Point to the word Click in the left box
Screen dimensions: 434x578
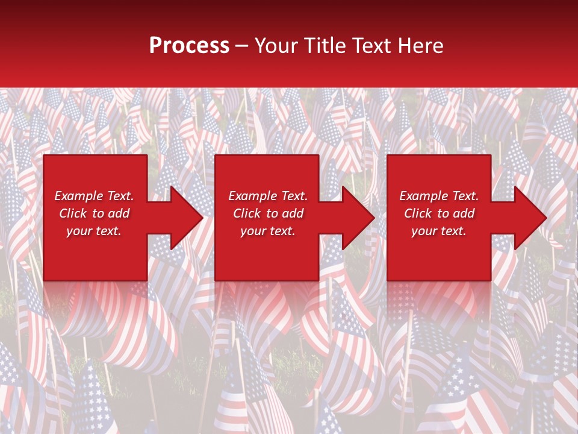pos(73,213)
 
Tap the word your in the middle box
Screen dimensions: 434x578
pos(253,231)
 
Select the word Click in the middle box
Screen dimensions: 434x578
pos(247,213)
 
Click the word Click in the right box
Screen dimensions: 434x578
pos(418,213)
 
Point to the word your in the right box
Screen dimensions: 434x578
pos(424,231)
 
